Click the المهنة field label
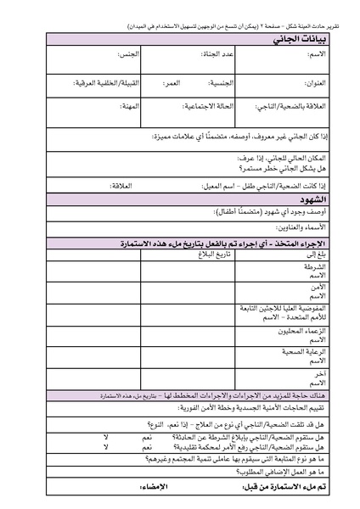point(128,108)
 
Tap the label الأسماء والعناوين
point(311,228)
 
